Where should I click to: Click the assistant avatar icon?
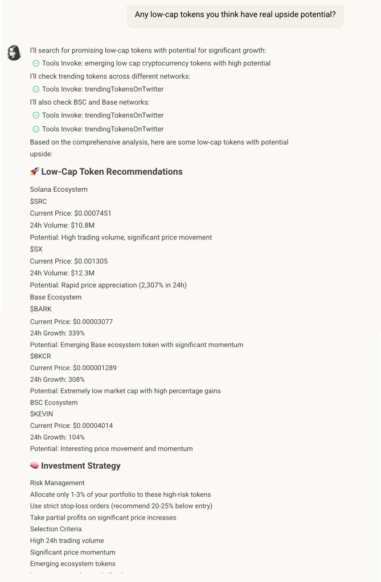coord(14,53)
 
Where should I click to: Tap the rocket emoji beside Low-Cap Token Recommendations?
coord(34,172)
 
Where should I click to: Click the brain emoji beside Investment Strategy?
coord(34,466)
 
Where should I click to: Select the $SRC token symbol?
coord(39,201)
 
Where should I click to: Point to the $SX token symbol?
coord(36,249)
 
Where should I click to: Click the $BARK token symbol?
coord(40,309)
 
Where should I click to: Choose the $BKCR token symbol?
coord(40,356)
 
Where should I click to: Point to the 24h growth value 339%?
coord(77,333)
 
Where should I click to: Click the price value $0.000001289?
coord(95,368)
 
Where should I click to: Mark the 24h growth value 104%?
coord(77,437)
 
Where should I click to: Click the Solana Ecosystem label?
coord(59,189)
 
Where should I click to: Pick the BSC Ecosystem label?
coord(54,402)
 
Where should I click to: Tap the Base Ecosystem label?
coord(56,297)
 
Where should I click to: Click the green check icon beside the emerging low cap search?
coord(36,64)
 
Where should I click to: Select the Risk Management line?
coord(57,483)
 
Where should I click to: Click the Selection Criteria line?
coord(56,529)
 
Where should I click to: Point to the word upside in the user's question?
coord(270,14)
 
